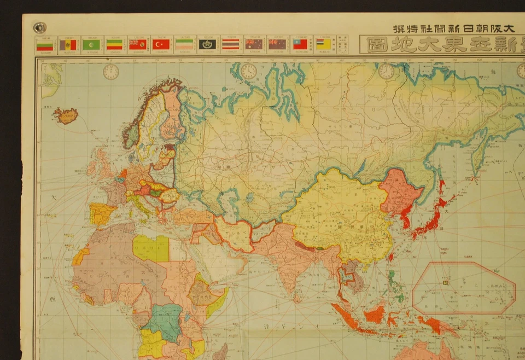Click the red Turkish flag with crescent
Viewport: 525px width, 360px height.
pos(161,44)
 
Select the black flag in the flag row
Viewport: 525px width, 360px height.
pos(207,44)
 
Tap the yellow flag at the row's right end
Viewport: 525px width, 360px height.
pos(323,44)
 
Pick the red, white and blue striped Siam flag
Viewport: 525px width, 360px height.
pos(230,44)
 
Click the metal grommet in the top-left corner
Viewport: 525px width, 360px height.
pos(39,28)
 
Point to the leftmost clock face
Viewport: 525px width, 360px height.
pos(111,72)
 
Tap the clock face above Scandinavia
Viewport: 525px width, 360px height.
pos(249,71)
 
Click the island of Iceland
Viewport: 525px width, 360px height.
pos(65,115)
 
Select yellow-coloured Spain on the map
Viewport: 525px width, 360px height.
pos(101,213)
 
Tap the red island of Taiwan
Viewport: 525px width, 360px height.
pos(391,256)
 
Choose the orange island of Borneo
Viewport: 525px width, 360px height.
pos(375,314)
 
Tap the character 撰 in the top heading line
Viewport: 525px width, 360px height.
pos(400,28)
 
